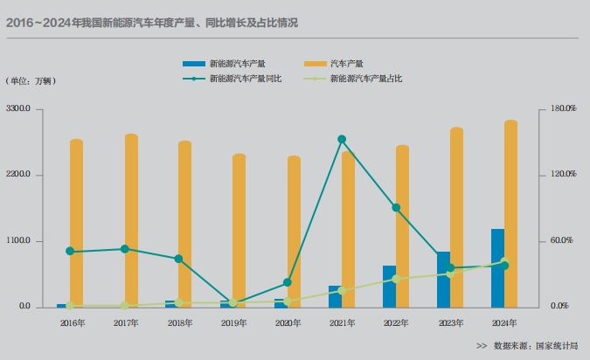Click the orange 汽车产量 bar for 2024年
(x=510, y=213)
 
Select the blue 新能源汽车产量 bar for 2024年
(x=496, y=267)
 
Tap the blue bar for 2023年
(x=443, y=279)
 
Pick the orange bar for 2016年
(x=77, y=223)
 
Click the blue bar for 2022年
(x=389, y=286)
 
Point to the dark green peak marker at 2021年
(x=342, y=139)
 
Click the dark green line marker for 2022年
(x=396, y=208)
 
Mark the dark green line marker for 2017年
(x=125, y=249)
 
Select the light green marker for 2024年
(x=504, y=261)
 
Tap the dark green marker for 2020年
(x=288, y=283)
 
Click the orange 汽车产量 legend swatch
(x=316, y=64)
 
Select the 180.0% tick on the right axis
(x=563, y=109)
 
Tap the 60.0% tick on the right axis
(x=563, y=241)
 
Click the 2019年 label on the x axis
(x=233, y=323)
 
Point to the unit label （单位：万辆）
(x=31, y=81)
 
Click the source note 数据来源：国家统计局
(x=535, y=346)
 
